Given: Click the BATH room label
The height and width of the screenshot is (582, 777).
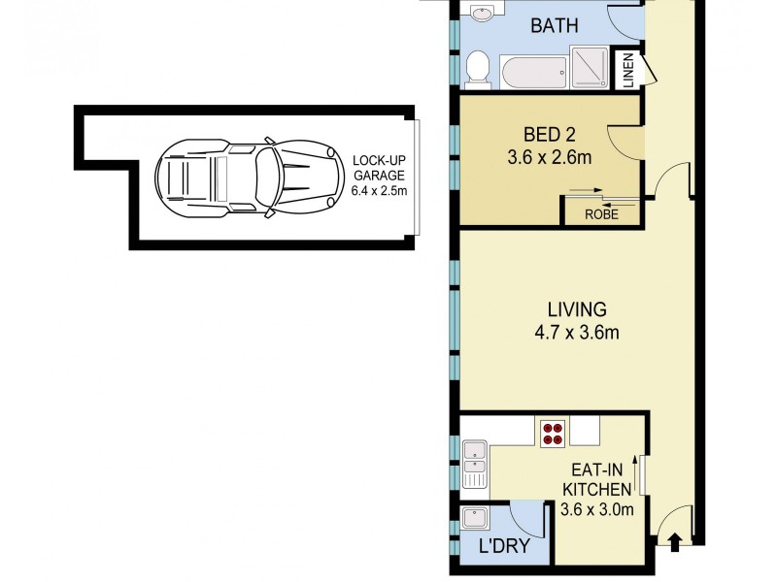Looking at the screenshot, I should tap(555, 25).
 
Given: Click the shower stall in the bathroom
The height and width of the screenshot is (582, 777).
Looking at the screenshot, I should tap(591, 68).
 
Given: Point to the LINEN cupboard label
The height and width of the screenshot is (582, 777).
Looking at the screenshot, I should tap(627, 71).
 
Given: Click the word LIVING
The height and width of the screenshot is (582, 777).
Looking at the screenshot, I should tap(576, 310).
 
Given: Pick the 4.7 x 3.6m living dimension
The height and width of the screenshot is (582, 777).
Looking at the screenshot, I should tap(576, 335).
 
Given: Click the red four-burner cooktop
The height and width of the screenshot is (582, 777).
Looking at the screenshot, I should tap(553, 433).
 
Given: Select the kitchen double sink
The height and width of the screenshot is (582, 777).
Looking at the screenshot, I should tap(474, 464).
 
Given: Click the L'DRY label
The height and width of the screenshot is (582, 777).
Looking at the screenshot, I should tap(505, 547).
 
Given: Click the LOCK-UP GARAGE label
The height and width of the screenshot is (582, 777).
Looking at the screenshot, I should tap(378, 168).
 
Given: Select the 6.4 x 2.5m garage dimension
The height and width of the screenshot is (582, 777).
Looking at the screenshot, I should tap(378, 191).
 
